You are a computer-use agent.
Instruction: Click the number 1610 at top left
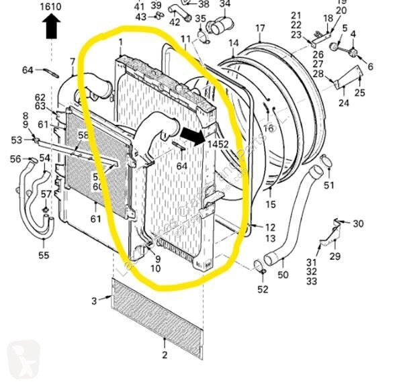point(51,7)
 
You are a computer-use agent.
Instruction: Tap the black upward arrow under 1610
point(51,26)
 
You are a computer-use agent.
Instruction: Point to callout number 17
point(260,28)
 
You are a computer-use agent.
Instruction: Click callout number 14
point(233,44)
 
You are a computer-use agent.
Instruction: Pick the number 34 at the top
point(224,4)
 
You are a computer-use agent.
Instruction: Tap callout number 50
point(283,275)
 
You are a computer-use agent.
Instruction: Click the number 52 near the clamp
point(262,289)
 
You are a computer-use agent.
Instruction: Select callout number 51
point(328,185)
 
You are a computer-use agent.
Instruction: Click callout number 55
point(44,256)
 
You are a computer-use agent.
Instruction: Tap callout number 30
point(358,224)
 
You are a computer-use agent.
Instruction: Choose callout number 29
point(334,256)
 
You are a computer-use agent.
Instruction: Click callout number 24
point(343,103)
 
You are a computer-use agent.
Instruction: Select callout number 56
point(15,159)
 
